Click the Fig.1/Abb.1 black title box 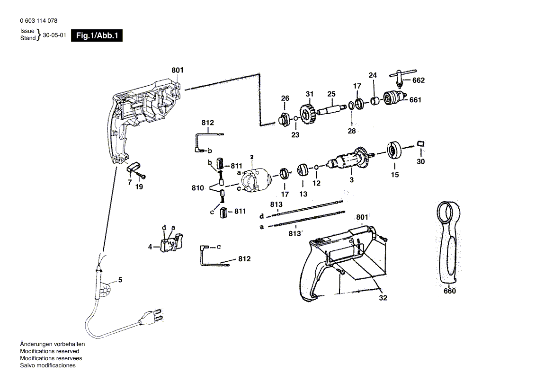coord(97,36)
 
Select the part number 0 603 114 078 coord(39,21)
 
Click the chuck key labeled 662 coord(399,76)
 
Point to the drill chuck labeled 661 coord(393,99)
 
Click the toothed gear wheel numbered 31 coord(308,116)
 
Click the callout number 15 coord(395,175)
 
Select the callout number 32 coord(383,298)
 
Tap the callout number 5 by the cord coord(120,280)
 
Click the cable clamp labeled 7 coord(134,168)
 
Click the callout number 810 coord(198,188)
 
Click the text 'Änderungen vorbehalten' coord(52,344)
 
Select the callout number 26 coord(285,98)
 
